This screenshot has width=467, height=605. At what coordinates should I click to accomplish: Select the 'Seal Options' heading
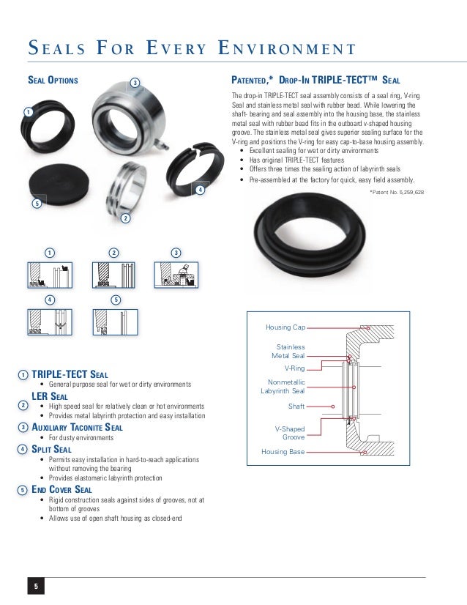[53, 79]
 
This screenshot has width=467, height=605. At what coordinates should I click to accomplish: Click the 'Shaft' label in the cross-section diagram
[296, 405]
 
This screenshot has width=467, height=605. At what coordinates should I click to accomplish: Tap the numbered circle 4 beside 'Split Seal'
[23, 448]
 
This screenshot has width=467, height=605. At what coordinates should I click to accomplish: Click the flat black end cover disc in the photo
[67, 179]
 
